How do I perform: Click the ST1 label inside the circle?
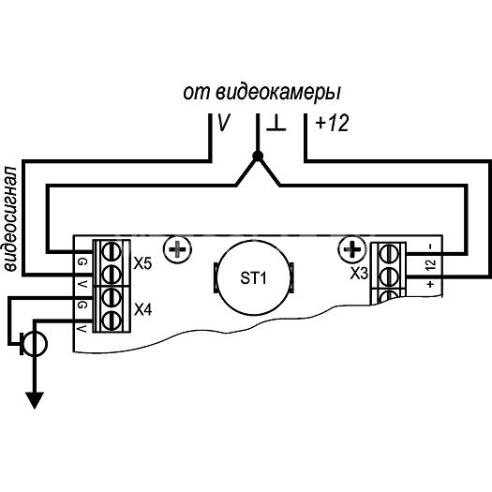(x=253, y=278)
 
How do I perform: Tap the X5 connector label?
(x=142, y=263)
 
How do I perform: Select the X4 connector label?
(x=142, y=310)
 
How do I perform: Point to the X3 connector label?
(x=359, y=274)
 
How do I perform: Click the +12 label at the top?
(x=332, y=123)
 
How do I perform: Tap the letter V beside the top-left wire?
(x=223, y=123)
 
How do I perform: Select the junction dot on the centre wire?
(x=258, y=156)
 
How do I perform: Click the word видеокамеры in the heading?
(x=278, y=93)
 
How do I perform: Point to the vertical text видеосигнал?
(x=10, y=218)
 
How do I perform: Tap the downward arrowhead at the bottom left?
(x=34, y=400)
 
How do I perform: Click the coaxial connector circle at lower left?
(x=36, y=344)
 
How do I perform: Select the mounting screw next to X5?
(x=177, y=249)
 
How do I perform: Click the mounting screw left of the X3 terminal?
(x=351, y=249)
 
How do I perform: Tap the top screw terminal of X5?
(x=112, y=251)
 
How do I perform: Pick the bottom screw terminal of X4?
(x=112, y=321)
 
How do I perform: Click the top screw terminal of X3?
(x=389, y=253)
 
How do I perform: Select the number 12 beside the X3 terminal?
(x=431, y=264)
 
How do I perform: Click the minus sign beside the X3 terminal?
(x=431, y=246)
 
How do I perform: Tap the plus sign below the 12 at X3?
(x=430, y=284)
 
